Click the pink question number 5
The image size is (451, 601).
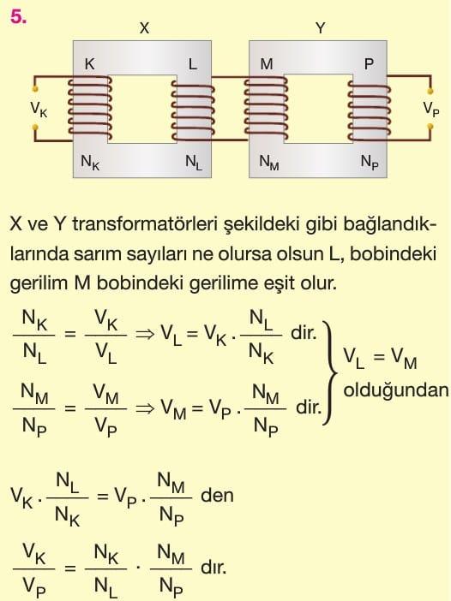point(18,17)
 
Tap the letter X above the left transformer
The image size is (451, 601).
point(144,28)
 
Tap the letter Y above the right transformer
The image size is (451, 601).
point(320,28)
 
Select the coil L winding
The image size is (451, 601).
point(193,111)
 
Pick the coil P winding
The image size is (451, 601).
point(370,111)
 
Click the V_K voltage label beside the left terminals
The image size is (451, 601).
point(39,110)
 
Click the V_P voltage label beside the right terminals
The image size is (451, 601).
point(430,110)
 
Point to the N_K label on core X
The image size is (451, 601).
point(90,162)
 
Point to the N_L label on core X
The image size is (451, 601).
point(194,162)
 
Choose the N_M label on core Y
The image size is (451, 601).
point(269,162)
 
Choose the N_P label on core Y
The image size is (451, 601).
point(370,162)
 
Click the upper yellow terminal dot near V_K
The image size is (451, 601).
point(35,89)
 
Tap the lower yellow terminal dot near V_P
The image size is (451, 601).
point(430,126)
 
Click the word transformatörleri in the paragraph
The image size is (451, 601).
point(142,224)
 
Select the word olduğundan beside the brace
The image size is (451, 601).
point(396,390)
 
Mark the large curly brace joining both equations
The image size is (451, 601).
point(329,372)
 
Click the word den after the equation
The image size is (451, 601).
point(217,495)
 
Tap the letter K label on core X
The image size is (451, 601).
point(89,64)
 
